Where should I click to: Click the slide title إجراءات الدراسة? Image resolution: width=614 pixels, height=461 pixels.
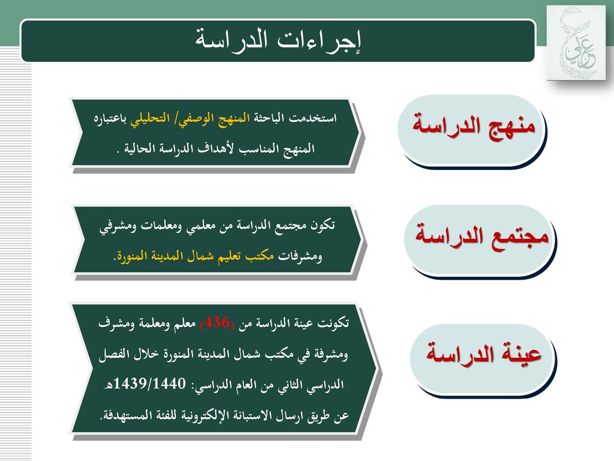(x=278, y=41)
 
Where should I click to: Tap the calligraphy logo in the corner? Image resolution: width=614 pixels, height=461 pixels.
(x=576, y=43)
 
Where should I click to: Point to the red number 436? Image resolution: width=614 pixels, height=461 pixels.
(x=217, y=323)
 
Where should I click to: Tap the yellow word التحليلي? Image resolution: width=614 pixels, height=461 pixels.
(x=150, y=118)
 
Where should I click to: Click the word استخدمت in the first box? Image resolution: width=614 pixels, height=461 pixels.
(x=312, y=118)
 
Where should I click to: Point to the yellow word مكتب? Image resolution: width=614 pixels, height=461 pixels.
(x=260, y=256)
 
